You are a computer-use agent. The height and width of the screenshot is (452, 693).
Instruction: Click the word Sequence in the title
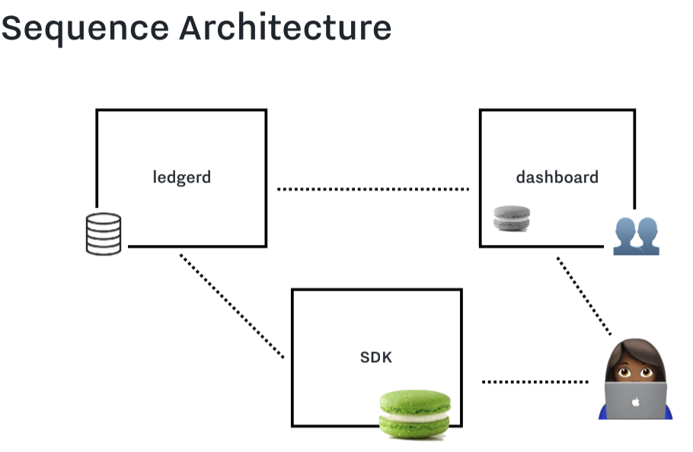pos(85,29)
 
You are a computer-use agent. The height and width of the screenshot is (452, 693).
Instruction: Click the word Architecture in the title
pos(286,27)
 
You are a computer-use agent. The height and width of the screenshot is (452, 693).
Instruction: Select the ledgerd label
pos(182,177)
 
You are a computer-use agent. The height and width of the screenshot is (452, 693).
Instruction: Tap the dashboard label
pos(557,177)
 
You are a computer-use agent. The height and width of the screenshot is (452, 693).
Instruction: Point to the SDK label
pos(376,357)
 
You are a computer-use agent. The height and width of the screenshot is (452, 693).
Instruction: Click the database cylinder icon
pos(104,234)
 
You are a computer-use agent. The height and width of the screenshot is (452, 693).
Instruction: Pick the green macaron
pos(415,414)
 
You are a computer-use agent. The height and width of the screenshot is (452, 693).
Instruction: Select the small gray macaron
pos(512,218)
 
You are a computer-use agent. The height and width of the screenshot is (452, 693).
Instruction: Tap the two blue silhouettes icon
pos(637,236)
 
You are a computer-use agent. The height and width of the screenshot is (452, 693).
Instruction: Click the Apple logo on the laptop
pos(636,402)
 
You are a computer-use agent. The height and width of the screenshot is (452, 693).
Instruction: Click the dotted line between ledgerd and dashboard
pos(373,189)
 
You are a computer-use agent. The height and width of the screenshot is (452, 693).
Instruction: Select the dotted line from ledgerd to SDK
pos(232,306)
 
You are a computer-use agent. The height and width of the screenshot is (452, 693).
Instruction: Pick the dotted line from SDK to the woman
pos(535,382)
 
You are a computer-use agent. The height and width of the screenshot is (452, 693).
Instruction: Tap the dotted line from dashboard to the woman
pos(584,296)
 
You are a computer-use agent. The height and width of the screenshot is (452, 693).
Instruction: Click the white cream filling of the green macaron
pos(415,415)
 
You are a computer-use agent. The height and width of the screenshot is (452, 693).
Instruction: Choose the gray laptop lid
pos(636,400)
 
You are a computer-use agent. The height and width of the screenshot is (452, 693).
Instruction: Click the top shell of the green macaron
pos(415,401)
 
